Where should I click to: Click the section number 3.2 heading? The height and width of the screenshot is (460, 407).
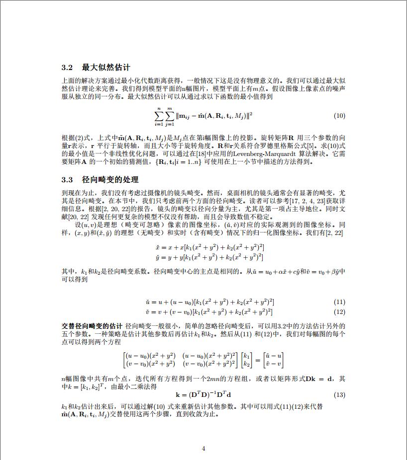pos(67,67)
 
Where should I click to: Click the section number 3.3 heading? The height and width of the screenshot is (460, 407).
pos(67,179)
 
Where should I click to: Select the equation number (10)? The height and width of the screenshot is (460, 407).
pos(339,116)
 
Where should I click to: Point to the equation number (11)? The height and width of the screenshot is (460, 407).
pos(339,302)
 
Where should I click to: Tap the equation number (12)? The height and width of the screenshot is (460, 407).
pos(339,312)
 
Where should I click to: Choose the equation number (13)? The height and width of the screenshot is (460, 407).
pos(339,395)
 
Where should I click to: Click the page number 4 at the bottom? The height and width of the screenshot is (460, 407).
pos(203,448)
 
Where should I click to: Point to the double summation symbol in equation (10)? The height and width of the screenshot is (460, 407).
pos(164,116)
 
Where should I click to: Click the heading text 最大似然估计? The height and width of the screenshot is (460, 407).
pos(106,67)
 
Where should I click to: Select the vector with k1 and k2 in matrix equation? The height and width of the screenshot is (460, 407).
pos(247,360)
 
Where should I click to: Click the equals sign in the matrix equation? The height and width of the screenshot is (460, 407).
pos(257,360)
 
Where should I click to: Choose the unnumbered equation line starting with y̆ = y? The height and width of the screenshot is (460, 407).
pos(209,257)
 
